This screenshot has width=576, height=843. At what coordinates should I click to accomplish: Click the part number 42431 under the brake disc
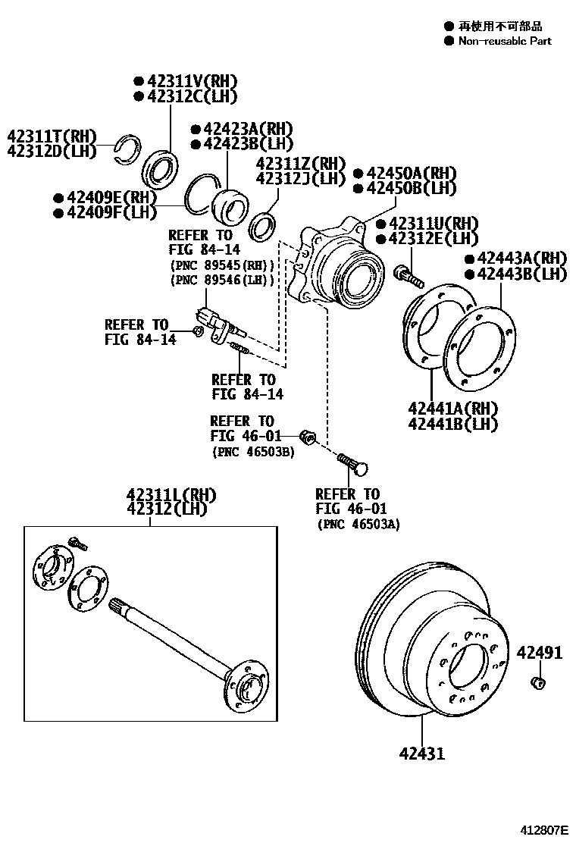pyautogui.click(x=423, y=753)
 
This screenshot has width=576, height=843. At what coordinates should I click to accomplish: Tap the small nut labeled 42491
pyautogui.click(x=538, y=684)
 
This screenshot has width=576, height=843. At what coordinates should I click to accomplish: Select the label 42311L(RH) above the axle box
pyautogui.click(x=171, y=495)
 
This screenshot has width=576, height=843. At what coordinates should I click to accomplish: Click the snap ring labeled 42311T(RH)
pyautogui.click(x=126, y=148)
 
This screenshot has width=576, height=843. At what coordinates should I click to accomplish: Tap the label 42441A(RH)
pyautogui.click(x=452, y=409)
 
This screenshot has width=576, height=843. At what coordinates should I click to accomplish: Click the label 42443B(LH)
pyautogui.click(x=521, y=274)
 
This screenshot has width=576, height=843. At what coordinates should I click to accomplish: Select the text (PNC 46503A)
pyautogui.click(x=358, y=524)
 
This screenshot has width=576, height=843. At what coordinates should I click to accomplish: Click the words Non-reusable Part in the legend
pyautogui.click(x=505, y=41)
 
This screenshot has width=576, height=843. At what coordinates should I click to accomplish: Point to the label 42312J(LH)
pyautogui.click(x=300, y=179)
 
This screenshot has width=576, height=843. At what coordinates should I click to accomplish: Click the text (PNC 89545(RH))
pyautogui.click(x=221, y=265)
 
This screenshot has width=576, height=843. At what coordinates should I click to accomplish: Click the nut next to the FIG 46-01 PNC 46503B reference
pyautogui.click(x=307, y=437)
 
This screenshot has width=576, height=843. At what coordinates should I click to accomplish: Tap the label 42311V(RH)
pyautogui.click(x=193, y=81)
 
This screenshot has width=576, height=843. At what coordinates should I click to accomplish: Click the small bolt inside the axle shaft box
pyautogui.click(x=77, y=542)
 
